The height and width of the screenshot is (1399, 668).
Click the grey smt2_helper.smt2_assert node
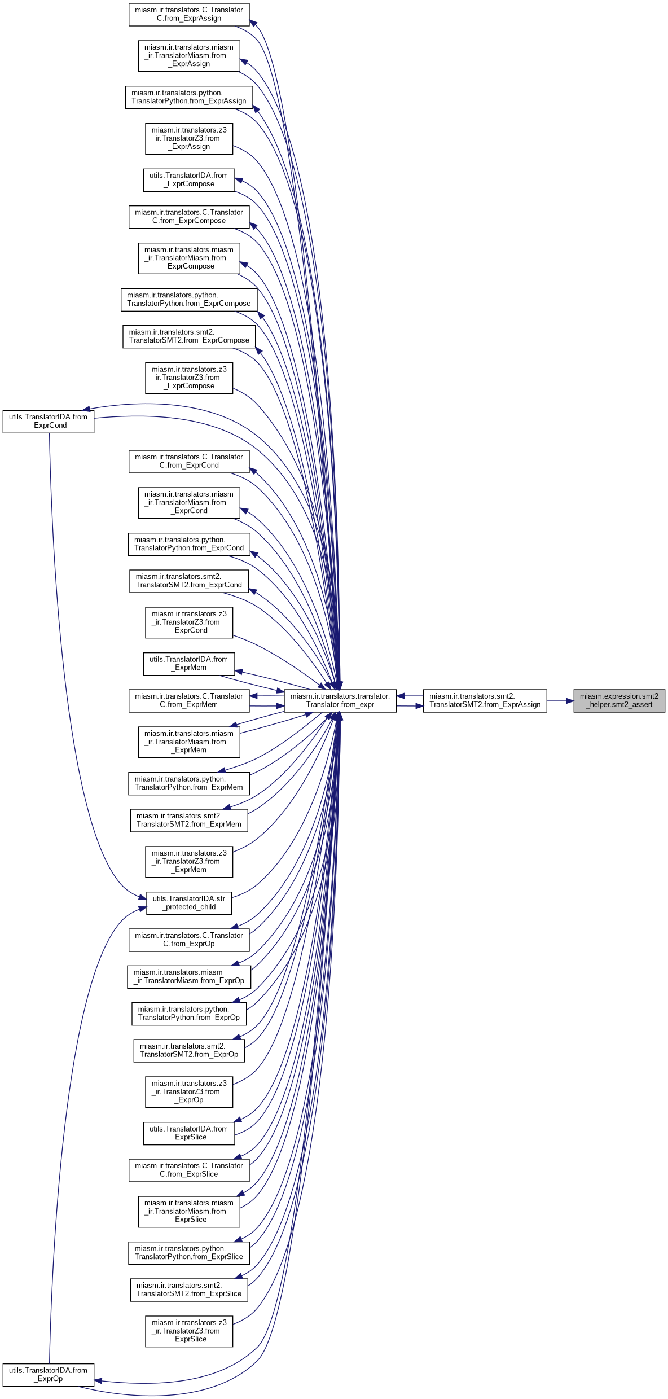point(619,700)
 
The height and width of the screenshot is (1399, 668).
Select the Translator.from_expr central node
point(340,700)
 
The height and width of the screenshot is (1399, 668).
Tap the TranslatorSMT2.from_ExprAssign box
point(485,700)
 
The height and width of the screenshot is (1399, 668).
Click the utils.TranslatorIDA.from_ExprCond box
point(49,422)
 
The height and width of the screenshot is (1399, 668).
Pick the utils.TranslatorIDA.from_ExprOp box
point(49,1375)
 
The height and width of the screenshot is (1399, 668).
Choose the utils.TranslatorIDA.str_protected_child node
point(189,903)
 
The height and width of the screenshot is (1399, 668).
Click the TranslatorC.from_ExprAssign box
point(189,14)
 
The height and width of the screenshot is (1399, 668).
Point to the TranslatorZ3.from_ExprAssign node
point(189,138)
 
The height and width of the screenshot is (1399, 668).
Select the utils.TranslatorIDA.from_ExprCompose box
point(189,179)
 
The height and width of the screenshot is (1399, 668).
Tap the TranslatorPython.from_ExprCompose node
point(189,299)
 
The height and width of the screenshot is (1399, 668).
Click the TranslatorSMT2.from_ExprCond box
point(189,581)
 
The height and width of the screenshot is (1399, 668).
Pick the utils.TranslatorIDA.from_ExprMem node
point(189,664)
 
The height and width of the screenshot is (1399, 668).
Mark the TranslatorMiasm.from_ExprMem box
point(189,742)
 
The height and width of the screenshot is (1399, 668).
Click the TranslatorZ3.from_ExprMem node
point(189,861)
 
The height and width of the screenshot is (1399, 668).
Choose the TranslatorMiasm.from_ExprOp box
point(189,976)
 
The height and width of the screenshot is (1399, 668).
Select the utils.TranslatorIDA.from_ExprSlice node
point(189,1133)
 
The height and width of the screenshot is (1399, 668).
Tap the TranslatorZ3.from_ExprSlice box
point(189,1331)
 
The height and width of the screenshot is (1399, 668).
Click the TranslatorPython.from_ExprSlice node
point(189,1253)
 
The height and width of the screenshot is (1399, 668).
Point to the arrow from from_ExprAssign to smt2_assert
point(560,701)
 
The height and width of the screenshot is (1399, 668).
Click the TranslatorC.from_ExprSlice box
point(189,1170)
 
